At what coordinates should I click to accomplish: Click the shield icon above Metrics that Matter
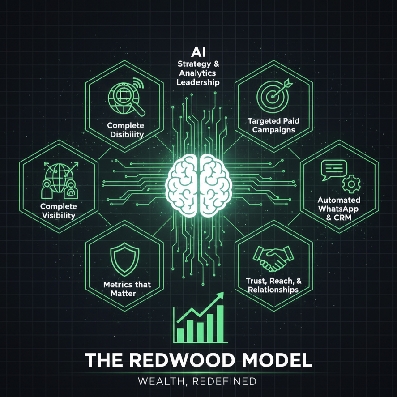click(x=121, y=259)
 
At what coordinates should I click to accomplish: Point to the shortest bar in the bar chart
click(x=180, y=334)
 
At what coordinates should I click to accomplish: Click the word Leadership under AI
click(x=198, y=82)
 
